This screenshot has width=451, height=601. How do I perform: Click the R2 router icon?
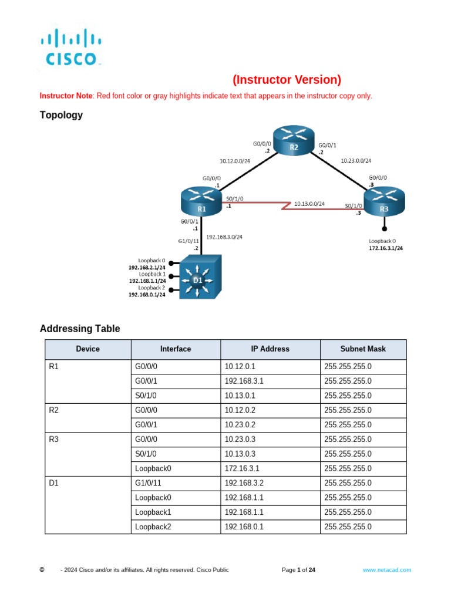[294, 141]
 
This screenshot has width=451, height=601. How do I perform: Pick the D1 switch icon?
[199, 278]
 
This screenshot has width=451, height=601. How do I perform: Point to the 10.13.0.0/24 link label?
[309, 204]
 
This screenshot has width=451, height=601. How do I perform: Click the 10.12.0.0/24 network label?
[235, 160]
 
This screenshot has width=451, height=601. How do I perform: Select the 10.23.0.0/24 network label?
[356, 160]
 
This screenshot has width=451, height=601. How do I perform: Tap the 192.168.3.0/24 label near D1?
[224, 237]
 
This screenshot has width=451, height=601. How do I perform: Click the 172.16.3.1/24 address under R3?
[385, 248]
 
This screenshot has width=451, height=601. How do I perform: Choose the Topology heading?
[61, 115]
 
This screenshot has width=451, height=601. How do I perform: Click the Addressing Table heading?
[80, 329]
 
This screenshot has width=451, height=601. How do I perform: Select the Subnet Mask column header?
[363, 349]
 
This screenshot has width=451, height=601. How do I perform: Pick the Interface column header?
[176, 349]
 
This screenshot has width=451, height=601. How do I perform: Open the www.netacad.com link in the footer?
[386, 570]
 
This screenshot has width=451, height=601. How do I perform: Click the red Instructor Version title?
[287, 79]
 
